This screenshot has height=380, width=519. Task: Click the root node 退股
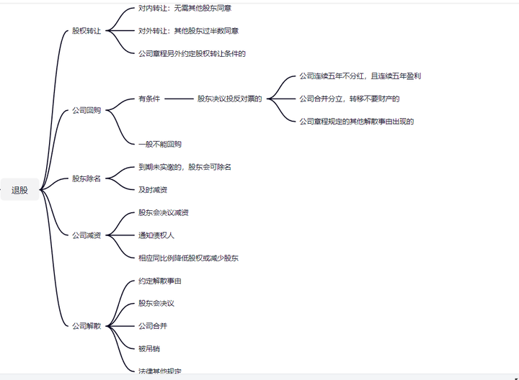pos(20,190)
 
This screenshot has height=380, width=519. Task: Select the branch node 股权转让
pos(86,32)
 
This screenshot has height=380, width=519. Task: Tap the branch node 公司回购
pos(86,111)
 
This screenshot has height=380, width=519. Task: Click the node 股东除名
pos(86,178)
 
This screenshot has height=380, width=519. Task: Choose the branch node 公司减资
pos(86,235)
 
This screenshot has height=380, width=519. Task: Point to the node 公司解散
pos(86,326)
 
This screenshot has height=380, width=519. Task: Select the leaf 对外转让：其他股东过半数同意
pos(189,31)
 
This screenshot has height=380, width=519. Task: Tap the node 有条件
pos(149,99)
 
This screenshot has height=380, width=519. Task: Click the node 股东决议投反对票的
pos(229,99)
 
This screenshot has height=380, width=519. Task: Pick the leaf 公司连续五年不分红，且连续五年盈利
pos(360,76)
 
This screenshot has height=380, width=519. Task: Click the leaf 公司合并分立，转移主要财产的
pos(349,99)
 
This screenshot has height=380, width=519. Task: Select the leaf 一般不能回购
pos(160,144)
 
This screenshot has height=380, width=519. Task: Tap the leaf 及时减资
pos(153,190)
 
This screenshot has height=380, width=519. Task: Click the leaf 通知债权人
pos(156,235)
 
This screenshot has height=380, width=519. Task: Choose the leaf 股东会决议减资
pos(164,213)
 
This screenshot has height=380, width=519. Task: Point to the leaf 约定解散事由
pos(160,281)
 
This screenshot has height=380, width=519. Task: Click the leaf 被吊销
pos(149,348)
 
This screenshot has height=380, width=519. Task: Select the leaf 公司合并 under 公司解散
pos(153,326)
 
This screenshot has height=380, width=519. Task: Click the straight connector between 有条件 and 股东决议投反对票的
pos(179,99)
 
